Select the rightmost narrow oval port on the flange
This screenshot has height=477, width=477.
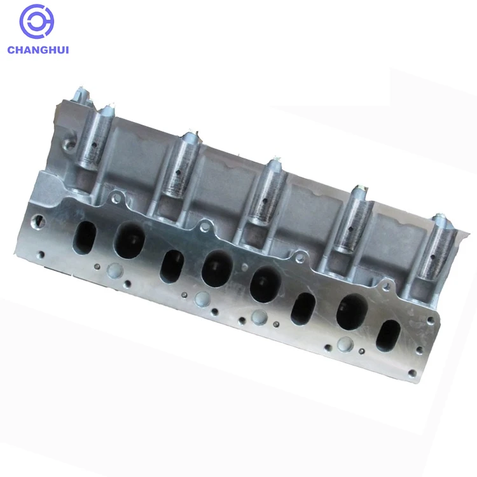tap(388, 335)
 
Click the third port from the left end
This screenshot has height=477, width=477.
tap(171, 266)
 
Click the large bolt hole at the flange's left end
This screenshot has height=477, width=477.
tap(40, 221)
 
